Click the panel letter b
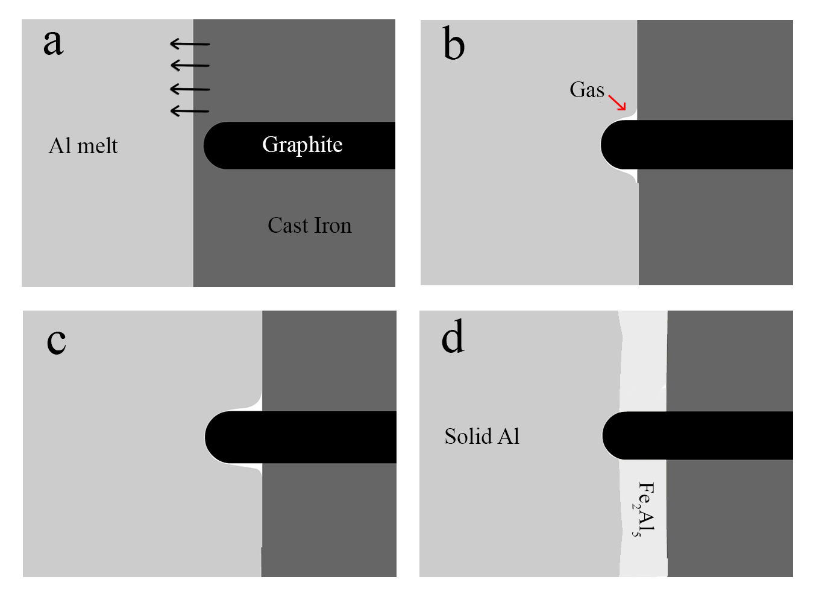point(454,45)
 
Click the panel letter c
point(56,341)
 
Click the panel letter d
point(453,337)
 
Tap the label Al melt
point(83,146)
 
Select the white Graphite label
point(302,145)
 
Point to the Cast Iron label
point(309,226)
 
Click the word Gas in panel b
point(586,90)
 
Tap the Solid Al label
point(482,436)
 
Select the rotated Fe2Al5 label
point(645,509)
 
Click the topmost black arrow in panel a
point(190,44)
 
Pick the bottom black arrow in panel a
point(190,111)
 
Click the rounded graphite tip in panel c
point(215,437)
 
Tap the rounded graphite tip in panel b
point(610,145)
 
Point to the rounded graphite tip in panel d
point(612,435)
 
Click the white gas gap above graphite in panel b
point(630,115)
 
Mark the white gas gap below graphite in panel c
point(256,468)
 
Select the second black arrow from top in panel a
point(190,65)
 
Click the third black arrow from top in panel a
point(190,89)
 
